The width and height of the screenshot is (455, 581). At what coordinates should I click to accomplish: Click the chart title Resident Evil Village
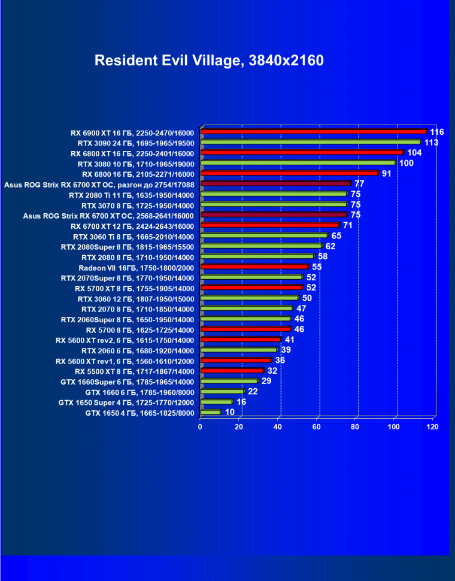pos(209,60)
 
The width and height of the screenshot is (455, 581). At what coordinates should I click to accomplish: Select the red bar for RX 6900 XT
pos(313,132)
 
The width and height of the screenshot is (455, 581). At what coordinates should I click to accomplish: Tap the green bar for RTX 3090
pos(310,142)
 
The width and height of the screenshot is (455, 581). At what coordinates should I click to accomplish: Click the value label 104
pos(414,153)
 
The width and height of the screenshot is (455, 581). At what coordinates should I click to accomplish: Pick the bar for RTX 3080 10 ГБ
pos(298,163)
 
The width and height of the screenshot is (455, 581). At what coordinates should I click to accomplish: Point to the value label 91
pos(387,174)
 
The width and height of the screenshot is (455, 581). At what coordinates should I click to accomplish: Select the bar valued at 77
pos(275,184)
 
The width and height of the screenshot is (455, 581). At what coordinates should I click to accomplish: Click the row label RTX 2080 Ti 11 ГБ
pos(132,194)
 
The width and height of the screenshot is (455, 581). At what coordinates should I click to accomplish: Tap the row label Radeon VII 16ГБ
pos(136,267)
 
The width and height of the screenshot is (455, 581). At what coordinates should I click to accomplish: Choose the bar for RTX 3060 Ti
pos(264,236)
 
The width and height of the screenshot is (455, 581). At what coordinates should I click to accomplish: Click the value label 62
pos(330,246)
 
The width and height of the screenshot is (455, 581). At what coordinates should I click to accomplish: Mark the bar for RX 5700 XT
pos(251,288)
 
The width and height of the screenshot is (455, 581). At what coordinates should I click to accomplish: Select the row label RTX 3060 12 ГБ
pos(136,298)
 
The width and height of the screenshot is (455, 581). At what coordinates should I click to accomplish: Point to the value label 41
pos(290,340)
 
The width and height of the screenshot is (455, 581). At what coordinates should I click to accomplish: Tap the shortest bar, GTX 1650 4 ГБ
pos(211,412)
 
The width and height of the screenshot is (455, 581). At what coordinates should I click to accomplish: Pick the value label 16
pos(241,402)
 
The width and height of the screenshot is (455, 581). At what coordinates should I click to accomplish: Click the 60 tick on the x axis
pos(317,426)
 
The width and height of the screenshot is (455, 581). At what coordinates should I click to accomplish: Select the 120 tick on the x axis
pos(432,426)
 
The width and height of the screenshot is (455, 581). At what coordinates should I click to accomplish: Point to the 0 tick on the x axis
pos(201,426)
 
